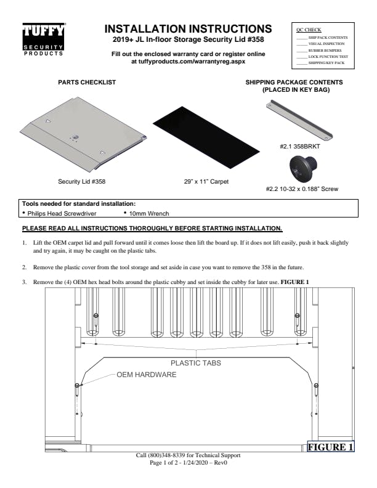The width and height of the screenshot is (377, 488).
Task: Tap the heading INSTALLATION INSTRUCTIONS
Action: [x=188, y=29]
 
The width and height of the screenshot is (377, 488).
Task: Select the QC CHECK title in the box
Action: [x=309, y=30]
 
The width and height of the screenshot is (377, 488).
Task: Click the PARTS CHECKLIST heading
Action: [x=87, y=82]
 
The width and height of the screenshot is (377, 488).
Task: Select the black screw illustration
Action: [x=301, y=168]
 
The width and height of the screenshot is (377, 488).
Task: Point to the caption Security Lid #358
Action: [x=81, y=182]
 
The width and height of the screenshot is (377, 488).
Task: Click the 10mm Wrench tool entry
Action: [x=148, y=213]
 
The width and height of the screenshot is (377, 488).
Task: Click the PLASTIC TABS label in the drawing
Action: [x=196, y=363]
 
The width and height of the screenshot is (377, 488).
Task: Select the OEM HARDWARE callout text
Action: [x=147, y=375]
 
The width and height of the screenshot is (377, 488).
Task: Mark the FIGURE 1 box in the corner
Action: [x=330, y=447]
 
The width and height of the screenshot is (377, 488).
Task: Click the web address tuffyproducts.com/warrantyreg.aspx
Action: [x=188, y=62]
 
